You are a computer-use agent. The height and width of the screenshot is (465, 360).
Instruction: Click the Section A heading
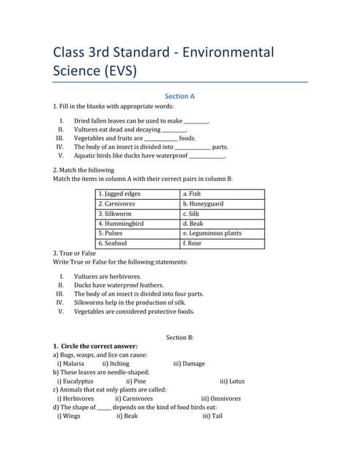point(180,96)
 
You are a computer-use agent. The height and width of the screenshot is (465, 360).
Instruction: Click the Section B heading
point(180,337)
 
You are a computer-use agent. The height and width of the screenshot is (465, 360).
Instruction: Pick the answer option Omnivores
point(225,398)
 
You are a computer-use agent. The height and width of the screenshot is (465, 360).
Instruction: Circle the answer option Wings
point(71,416)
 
